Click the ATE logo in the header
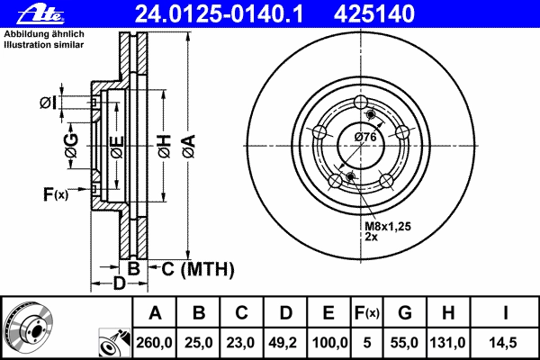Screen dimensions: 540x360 pyautogui.click(x=40, y=14)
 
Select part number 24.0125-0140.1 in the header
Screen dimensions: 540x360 pyautogui.click(x=219, y=14)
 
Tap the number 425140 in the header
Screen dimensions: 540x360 pyautogui.click(x=374, y=14)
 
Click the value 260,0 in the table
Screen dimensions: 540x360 pyautogui.click(x=154, y=343)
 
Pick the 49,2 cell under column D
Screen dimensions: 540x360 pyautogui.click(x=283, y=343)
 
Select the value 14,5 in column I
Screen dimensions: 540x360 pyautogui.click(x=503, y=343)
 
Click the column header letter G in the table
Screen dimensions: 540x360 pyautogui.click(x=405, y=313)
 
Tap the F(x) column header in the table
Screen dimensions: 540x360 pyautogui.click(x=366, y=313)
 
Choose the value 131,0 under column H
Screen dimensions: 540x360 pyautogui.click(x=447, y=343)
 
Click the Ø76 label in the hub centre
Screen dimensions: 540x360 pyautogui.click(x=365, y=137)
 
